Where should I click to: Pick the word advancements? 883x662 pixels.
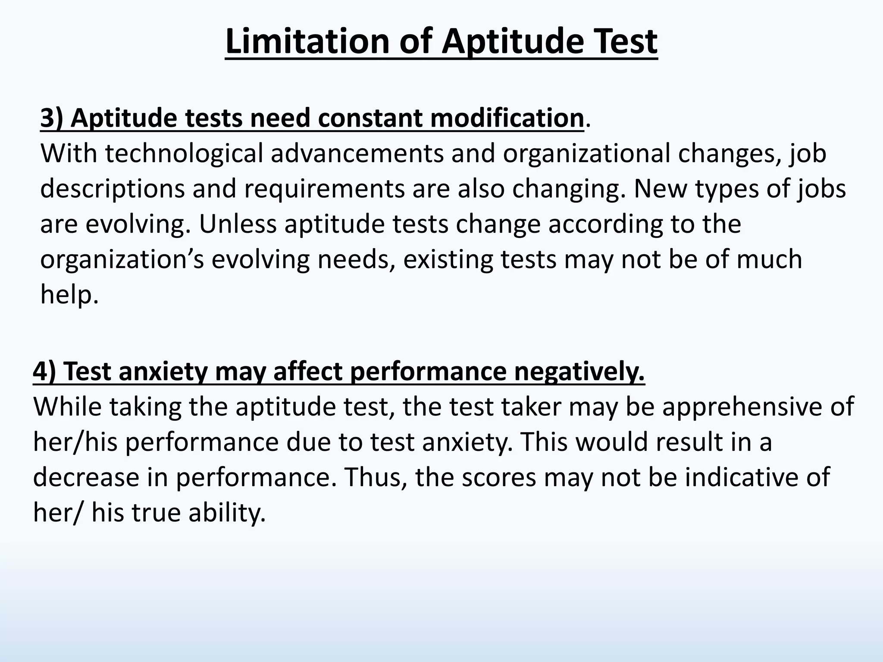click(x=357, y=154)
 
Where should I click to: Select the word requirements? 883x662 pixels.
click(x=324, y=189)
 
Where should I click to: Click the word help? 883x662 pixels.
click(x=69, y=295)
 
